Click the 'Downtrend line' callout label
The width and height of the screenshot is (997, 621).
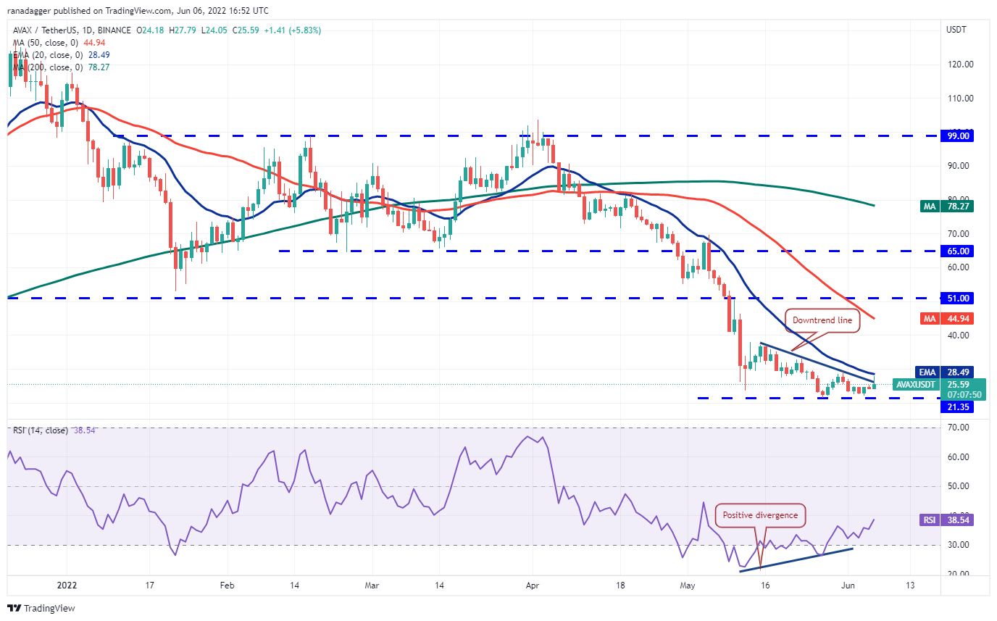(824, 320)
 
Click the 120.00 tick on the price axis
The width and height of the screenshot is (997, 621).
(960, 64)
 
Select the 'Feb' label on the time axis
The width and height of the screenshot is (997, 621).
(228, 585)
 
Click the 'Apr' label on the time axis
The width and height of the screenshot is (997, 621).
(533, 585)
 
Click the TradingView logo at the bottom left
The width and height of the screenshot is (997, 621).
(41, 608)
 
